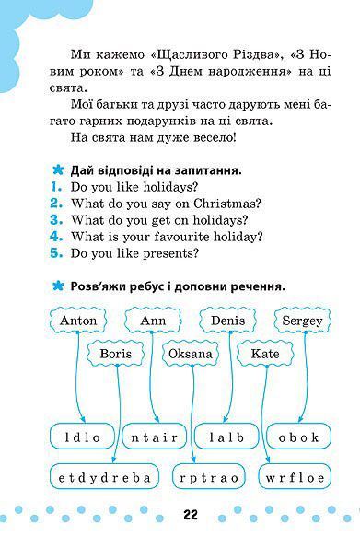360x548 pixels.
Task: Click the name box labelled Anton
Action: (x=77, y=321)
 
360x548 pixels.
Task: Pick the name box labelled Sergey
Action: (x=300, y=321)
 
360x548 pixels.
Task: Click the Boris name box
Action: (x=116, y=354)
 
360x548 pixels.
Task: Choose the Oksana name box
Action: (x=191, y=354)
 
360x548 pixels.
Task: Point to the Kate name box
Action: (x=264, y=354)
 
